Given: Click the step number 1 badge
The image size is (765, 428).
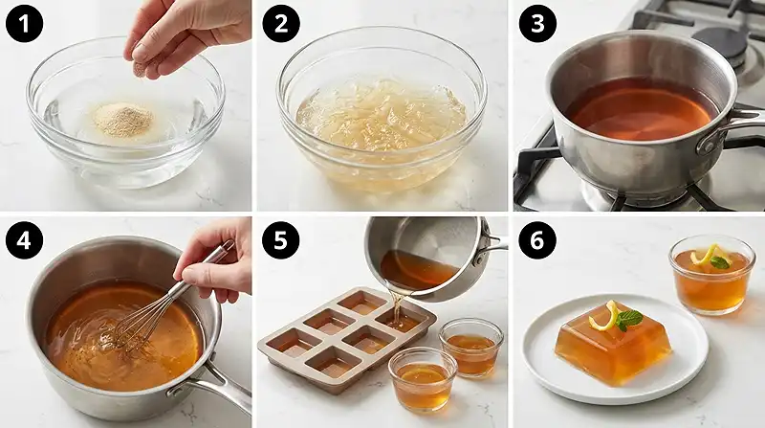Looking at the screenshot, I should [x=24, y=23].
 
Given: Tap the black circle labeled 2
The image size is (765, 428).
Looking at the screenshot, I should [x=280, y=23].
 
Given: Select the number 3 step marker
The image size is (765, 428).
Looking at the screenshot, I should [x=537, y=23].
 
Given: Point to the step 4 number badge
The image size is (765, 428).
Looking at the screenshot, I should [x=24, y=240].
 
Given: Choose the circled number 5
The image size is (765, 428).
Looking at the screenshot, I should [x=280, y=240].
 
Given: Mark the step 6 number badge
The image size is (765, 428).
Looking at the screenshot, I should [x=537, y=240].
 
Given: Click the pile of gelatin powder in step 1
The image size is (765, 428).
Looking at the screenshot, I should [x=123, y=120].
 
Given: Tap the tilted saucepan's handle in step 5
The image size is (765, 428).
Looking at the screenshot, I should [x=492, y=244].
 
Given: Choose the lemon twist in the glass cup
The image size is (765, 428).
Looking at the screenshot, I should [x=705, y=255].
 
